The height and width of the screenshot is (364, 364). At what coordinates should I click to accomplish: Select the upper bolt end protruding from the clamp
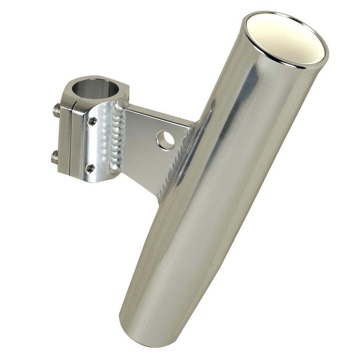[x=56, y=110]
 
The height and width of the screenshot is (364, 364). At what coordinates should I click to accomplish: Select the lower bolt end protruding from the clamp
[x=55, y=157]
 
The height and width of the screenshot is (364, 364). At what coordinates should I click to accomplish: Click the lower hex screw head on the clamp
[x=90, y=168]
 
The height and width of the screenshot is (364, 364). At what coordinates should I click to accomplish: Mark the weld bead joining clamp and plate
[x=117, y=138]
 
